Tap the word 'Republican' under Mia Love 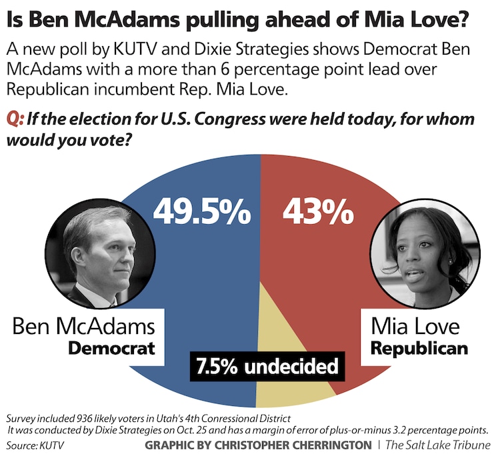[x=419, y=349]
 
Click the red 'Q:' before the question [x=15, y=119]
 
